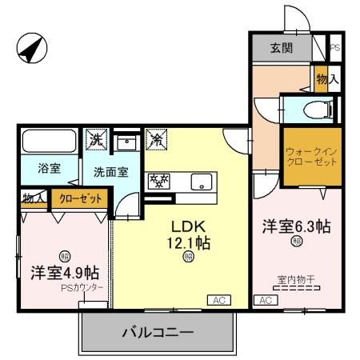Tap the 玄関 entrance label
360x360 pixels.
pyautogui.click(x=280, y=48)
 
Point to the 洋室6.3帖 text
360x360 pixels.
pyautogui.click(x=296, y=226)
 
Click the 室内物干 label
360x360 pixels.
pyautogui.click(x=296, y=279)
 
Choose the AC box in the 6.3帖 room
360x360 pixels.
pyautogui.click(x=264, y=300)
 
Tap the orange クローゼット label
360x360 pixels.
pyautogui.click(x=79, y=198)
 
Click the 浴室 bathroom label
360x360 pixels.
pyautogui.click(x=50, y=168)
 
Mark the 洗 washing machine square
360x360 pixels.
pyautogui.click(x=97, y=138)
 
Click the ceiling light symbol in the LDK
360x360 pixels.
pyautogui.click(x=188, y=257)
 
